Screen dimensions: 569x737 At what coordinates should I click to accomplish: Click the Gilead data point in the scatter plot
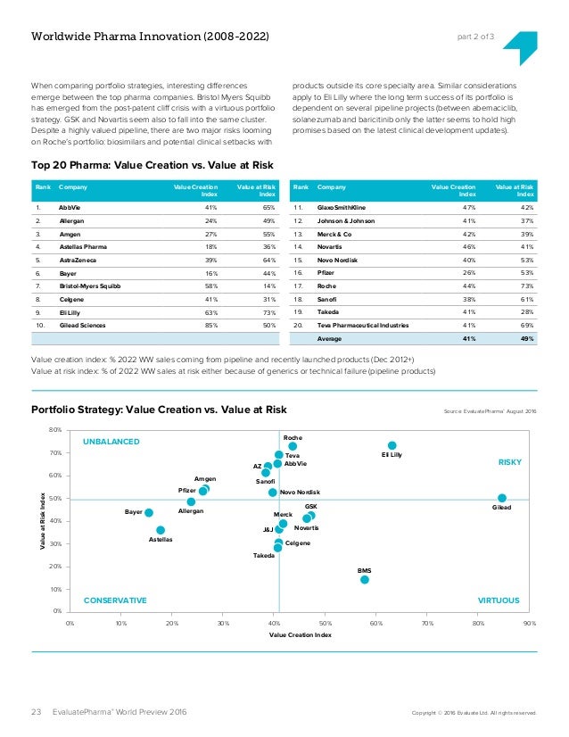[502, 498]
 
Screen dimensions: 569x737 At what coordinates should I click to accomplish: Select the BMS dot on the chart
[365, 580]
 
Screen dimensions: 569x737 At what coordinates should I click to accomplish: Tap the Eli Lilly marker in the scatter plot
[392, 445]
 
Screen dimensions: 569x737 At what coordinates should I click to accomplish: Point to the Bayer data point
[149, 512]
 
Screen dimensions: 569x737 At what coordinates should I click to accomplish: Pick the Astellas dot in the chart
[161, 530]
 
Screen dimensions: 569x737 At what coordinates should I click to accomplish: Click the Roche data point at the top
[293, 446]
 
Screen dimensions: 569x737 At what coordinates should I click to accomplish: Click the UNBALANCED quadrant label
[111, 442]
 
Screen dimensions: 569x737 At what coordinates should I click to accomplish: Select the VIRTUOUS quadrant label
[499, 600]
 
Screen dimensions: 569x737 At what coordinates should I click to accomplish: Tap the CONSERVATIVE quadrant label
[115, 600]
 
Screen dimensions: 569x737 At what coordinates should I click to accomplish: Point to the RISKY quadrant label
[510, 462]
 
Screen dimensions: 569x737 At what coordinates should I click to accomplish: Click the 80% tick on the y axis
[55, 429]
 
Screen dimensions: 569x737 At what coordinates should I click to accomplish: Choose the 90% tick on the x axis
[530, 624]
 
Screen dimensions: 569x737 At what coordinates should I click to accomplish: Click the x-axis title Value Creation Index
[301, 634]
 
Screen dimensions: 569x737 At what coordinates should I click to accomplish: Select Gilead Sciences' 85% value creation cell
[211, 326]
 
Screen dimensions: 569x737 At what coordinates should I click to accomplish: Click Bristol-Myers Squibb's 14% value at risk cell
[269, 286]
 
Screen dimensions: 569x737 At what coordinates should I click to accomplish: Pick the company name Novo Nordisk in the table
[337, 260]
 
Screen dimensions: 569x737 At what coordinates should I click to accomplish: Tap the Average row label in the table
[329, 338]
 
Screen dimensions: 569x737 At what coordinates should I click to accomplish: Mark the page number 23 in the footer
[37, 712]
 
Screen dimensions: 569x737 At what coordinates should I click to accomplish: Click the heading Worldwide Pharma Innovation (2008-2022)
[150, 37]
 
